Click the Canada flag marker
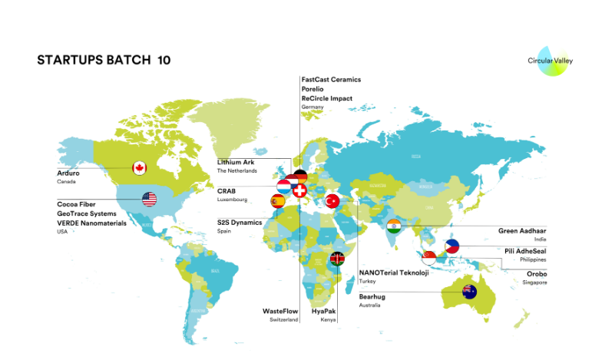coord(140,167)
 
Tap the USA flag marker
coord(149,200)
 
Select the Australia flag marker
coord(468,291)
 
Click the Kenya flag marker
coord(336,259)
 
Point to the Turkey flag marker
coord(332,201)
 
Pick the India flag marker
coord(394,226)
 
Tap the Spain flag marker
coord(277,201)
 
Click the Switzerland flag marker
coord(300,190)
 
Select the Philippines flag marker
coord(452,247)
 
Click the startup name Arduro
coord(68,173)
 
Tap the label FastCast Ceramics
coord(331,79)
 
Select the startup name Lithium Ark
coord(235,162)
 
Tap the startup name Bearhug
coord(372,296)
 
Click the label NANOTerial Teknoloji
coord(394,272)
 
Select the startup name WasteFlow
coord(280,311)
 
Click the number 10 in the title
coord(164,60)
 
